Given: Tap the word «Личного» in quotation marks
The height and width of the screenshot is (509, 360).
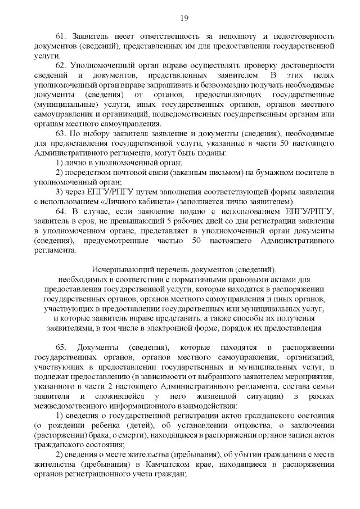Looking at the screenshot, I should point(112,201).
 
